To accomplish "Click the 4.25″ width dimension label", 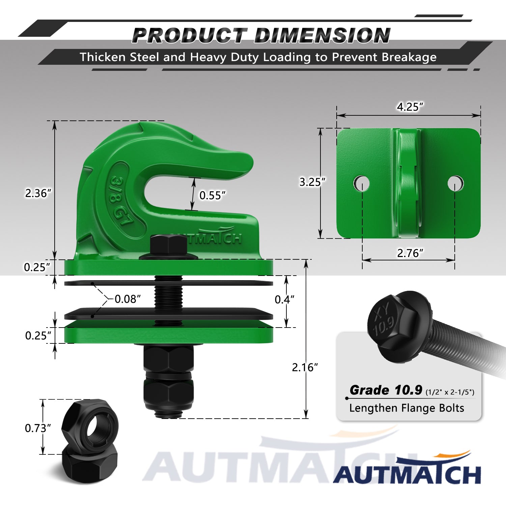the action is tap(410, 107).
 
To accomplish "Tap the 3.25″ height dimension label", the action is tap(312, 182).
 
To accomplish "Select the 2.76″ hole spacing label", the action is tap(410, 253).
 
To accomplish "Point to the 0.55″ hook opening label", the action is tap(212, 195).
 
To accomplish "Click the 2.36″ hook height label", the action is tap(38, 193).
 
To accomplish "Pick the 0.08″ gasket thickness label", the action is tap(128, 299).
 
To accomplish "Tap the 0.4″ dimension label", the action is tap(284, 300).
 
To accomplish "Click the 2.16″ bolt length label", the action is tap(305, 367).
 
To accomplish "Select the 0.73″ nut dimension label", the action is tap(38, 428).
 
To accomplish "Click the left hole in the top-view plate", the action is tap(362, 184).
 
